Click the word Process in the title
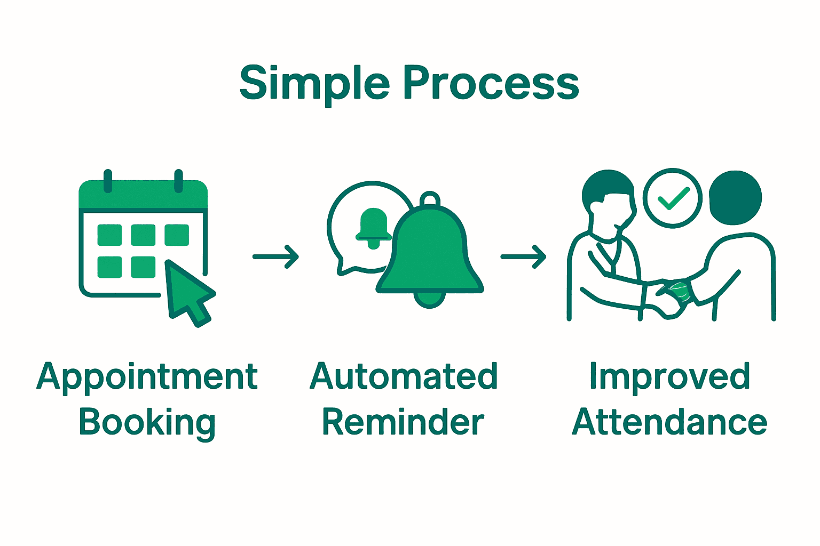(x=491, y=84)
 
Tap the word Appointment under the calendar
(x=147, y=377)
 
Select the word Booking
(x=147, y=422)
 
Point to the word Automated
(x=404, y=376)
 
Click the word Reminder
(x=403, y=422)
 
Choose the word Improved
(x=669, y=376)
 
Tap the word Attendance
(x=669, y=422)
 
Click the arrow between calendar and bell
(x=275, y=256)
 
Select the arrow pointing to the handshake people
(x=523, y=256)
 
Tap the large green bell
(x=430, y=251)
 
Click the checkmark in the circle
(x=673, y=198)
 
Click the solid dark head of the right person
(x=735, y=197)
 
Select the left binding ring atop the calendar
(x=108, y=181)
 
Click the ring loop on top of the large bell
(x=430, y=199)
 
